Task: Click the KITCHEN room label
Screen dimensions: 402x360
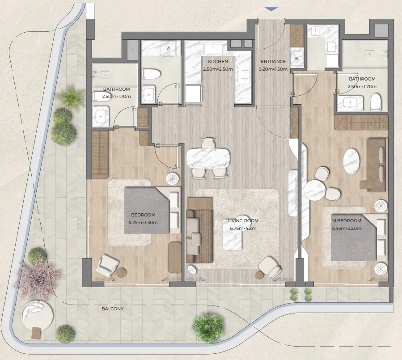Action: (x=218, y=62)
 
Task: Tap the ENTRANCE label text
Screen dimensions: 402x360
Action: (x=273, y=62)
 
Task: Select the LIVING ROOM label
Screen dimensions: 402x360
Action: (x=243, y=221)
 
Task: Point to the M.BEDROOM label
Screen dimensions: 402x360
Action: (x=347, y=221)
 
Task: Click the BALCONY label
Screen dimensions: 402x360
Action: (x=113, y=309)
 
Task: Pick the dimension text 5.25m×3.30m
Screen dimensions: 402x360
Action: (x=143, y=223)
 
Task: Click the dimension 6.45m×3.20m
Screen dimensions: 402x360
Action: (x=347, y=229)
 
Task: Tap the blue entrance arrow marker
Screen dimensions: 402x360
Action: (x=271, y=9)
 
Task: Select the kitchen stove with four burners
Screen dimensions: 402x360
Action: (x=244, y=74)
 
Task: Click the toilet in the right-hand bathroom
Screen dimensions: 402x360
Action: (x=375, y=102)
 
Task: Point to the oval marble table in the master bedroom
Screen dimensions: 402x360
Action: (x=351, y=162)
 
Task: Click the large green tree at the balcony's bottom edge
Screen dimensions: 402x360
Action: (x=208, y=327)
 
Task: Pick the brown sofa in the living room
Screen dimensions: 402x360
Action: (x=199, y=230)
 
